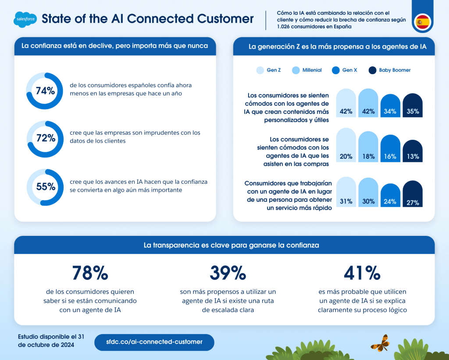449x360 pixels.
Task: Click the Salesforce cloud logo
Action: (x=25, y=19)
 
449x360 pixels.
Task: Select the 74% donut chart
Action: (x=45, y=91)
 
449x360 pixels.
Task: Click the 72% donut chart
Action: (x=45, y=138)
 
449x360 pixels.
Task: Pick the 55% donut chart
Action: (x=45, y=187)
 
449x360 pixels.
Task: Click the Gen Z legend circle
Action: (x=260, y=70)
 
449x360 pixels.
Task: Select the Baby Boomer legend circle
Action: (x=373, y=70)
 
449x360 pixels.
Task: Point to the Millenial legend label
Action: (x=312, y=70)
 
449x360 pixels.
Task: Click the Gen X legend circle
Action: (x=336, y=70)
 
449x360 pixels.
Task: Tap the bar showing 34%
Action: (x=390, y=106)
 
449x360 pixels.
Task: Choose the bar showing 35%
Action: (x=413, y=106)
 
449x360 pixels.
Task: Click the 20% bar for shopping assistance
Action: (x=346, y=146)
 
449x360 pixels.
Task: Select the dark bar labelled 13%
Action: (x=413, y=151)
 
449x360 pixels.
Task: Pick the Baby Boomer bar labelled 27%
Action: (x=413, y=194)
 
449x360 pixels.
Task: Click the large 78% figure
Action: (x=90, y=273)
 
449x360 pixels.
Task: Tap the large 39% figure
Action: (x=228, y=273)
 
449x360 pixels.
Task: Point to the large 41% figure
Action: (x=362, y=273)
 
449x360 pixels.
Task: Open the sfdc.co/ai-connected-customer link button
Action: (x=154, y=342)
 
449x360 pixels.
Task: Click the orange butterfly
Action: (x=380, y=343)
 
